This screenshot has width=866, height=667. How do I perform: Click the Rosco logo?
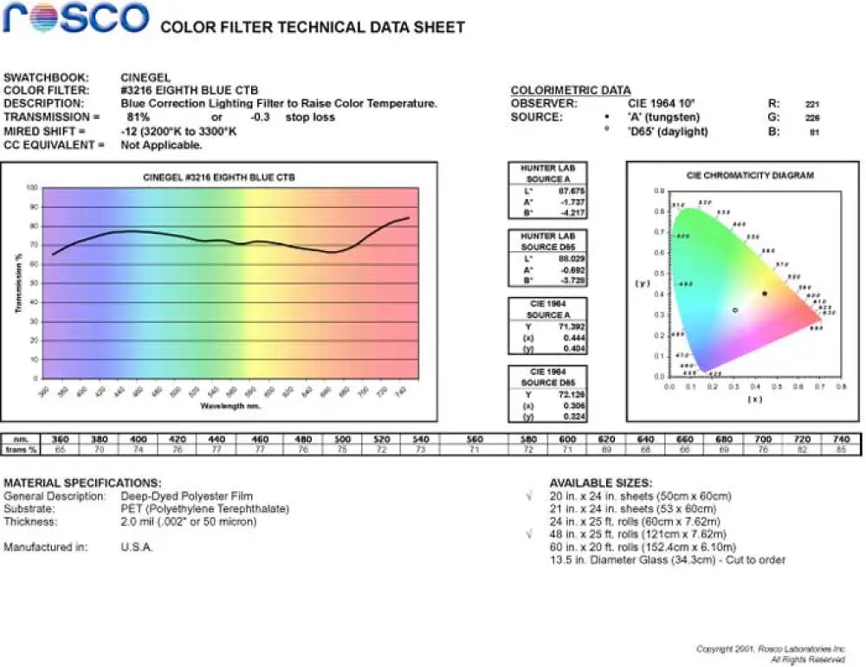pos(75,18)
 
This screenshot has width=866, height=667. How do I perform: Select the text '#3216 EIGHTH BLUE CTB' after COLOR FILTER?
pos(189,90)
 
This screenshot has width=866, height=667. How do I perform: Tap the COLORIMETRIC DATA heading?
pos(569,90)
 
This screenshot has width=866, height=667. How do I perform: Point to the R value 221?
pos(812,104)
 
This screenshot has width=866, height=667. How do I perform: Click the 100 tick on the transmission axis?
pos(32,187)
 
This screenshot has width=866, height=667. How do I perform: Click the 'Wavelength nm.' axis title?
pos(230,405)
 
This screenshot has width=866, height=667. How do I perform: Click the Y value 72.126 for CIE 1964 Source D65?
pos(572,394)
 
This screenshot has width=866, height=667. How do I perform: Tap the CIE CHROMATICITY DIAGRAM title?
pos(750,176)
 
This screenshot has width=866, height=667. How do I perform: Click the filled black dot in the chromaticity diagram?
pos(765,294)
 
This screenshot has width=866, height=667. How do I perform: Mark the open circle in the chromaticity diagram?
pos(735,309)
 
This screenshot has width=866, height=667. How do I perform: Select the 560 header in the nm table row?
pos(475,439)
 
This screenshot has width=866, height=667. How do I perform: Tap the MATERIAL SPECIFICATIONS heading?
pos(82,482)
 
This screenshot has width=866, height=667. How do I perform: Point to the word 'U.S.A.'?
pos(137,547)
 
